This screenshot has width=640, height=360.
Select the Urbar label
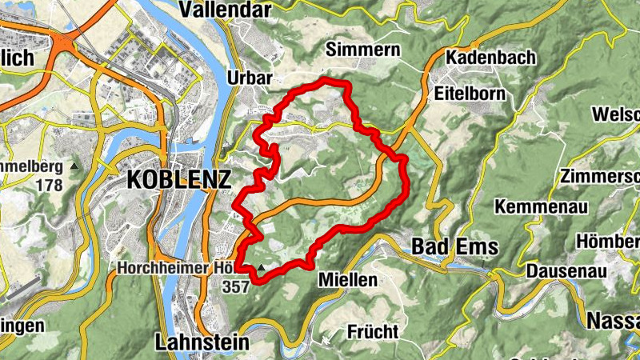[250, 78]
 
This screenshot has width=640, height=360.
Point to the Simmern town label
[363, 51]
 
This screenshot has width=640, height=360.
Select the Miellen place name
[347, 279]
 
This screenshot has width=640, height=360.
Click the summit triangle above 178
[74, 166]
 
